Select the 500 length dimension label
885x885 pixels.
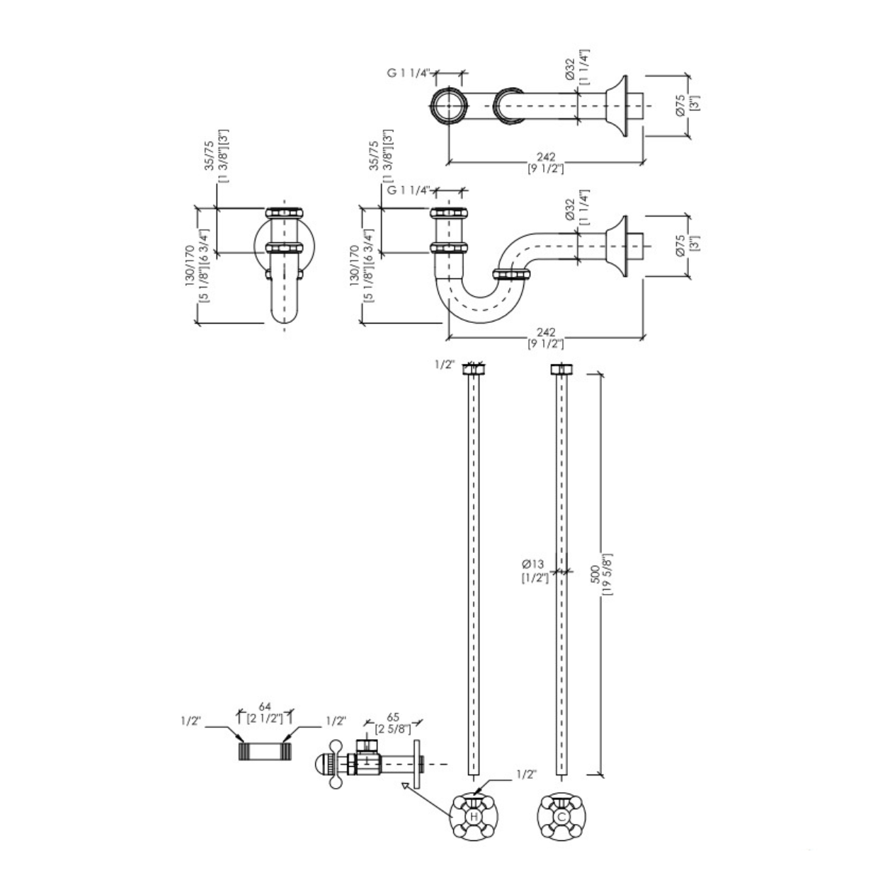pyautogui.click(x=595, y=574)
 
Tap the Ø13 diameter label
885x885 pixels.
pyautogui.click(x=532, y=564)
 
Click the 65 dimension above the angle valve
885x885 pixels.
pyautogui.click(x=393, y=717)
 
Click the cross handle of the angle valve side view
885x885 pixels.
pyautogui.click(x=336, y=763)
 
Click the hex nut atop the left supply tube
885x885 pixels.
pyautogui.click(x=474, y=370)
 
